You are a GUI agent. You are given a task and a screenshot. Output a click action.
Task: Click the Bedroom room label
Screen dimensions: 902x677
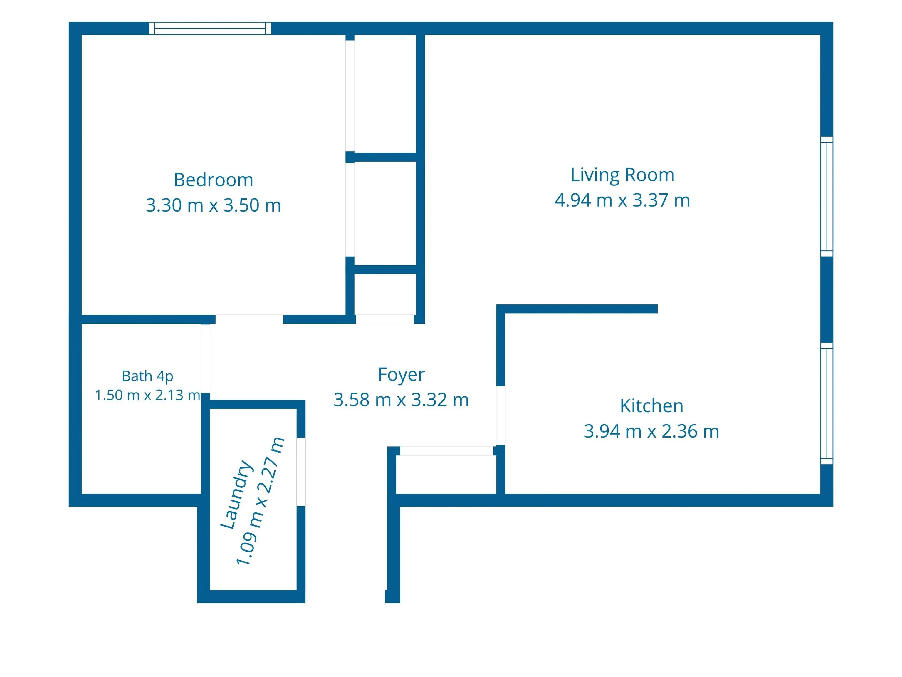[213, 180]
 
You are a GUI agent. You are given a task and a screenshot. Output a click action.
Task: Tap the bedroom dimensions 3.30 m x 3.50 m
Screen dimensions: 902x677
[213, 205]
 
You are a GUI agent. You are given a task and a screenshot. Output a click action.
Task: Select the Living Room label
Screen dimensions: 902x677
[622, 175]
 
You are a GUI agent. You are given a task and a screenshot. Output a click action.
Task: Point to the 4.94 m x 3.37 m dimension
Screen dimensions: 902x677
[622, 200]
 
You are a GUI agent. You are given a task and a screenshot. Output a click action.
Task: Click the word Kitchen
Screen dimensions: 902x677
[651, 406]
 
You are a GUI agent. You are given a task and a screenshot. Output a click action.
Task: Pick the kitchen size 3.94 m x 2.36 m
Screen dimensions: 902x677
[651, 431]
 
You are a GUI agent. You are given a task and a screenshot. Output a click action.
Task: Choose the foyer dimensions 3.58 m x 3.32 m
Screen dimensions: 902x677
[401, 400]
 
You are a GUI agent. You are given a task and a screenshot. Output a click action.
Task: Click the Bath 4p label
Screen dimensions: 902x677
[148, 376]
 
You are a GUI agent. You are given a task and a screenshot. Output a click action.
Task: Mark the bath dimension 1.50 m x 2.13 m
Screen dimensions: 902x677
[148, 395]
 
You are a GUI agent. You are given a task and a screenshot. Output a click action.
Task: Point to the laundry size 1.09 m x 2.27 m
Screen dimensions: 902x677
[260, 501]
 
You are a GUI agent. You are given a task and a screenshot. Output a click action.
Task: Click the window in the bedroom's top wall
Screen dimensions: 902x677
[210, 29]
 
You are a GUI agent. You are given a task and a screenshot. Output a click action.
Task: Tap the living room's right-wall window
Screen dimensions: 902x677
[827, 197]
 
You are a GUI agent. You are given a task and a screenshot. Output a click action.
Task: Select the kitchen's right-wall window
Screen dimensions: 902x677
[827, 403]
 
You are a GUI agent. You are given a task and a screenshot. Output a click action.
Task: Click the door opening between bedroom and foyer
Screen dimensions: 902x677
[249, 319]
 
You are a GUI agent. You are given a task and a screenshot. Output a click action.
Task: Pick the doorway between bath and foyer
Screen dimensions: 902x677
[206, 358]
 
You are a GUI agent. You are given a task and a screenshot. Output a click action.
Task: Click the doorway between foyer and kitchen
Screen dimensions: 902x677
[501, 415]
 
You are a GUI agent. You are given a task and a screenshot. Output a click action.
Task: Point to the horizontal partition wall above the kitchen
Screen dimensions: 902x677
[577, 309]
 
